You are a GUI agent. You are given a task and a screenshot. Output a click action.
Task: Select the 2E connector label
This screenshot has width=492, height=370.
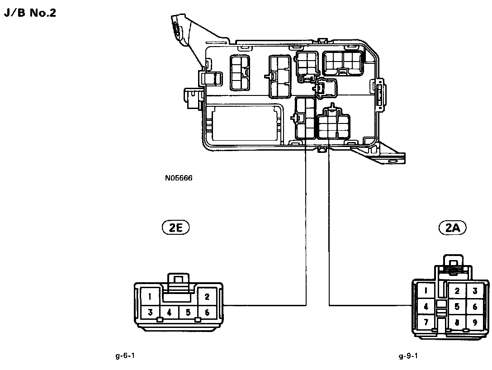click(x=175, y=228)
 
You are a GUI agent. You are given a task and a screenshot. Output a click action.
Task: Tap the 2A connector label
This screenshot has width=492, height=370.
click(x=453, y=228)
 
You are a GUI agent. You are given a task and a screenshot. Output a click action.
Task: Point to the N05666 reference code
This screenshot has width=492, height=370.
click(x=179, y=178)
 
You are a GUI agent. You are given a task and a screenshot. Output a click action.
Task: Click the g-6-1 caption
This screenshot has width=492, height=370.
click(x=125, y=356)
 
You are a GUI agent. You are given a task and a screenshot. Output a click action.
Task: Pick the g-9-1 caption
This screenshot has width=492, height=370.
click(x=408, y=356)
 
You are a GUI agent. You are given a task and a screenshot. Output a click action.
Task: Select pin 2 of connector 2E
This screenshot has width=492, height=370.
click(x=207, y=297)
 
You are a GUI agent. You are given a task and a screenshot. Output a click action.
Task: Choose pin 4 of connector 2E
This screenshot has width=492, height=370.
click(x=169, y=312)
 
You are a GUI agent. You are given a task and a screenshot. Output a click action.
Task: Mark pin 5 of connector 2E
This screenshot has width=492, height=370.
click(x=188, y=312)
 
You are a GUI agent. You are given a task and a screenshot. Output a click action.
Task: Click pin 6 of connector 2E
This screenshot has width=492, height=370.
click(x=207, y=312)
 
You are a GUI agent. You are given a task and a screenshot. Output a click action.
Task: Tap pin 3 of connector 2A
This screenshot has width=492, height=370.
click(x=475, y=291)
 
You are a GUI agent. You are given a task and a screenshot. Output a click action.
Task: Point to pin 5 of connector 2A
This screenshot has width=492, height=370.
click(x=457, y=307)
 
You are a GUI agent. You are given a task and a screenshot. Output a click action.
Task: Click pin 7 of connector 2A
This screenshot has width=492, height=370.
click(x=426, y=323)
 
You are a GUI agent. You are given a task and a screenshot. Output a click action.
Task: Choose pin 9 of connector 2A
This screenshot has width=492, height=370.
click(x=475, y=323)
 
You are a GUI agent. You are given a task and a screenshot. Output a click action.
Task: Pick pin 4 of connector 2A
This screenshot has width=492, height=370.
click(x=426, y=307)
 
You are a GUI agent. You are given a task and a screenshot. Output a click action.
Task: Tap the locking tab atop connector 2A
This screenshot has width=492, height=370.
click(x=454, y=262)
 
